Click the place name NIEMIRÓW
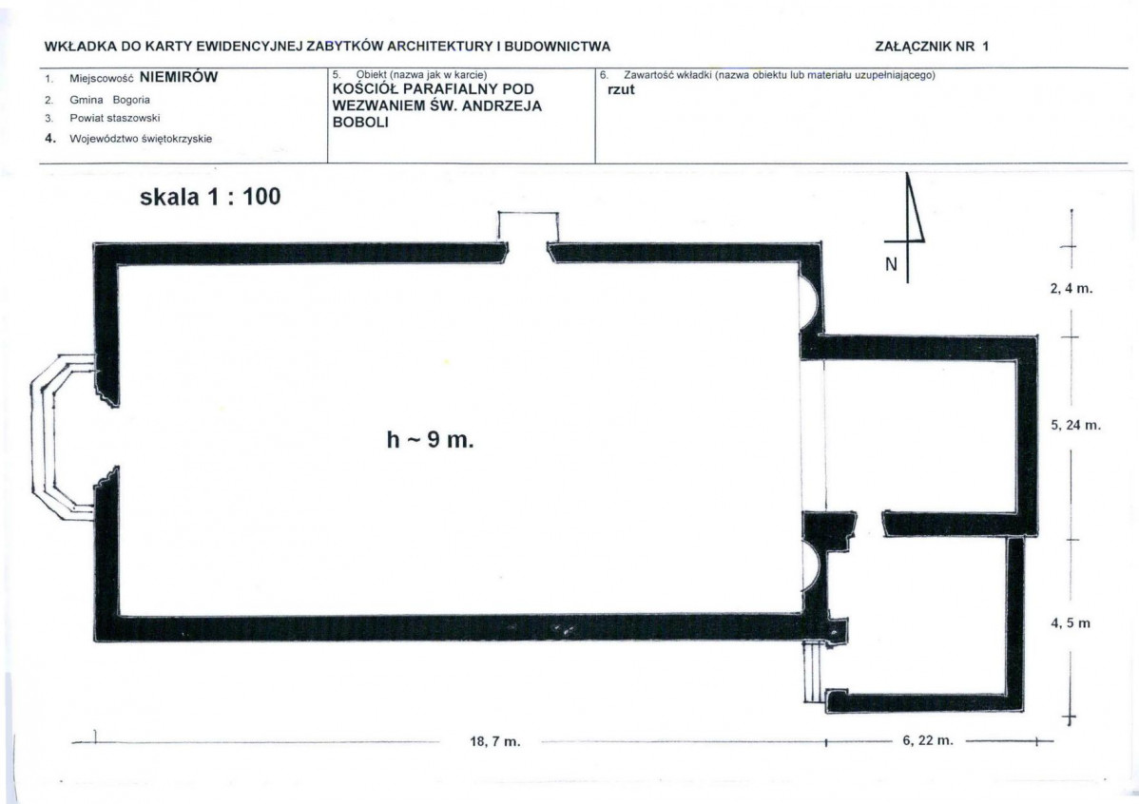pyautogui.click(x=179, y=79)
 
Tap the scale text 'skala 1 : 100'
pyautogui.click(x=210, y=198)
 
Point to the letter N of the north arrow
pyautogui.click(x=891, y=265)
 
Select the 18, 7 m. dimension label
pyautogui.click(x=495, y=742)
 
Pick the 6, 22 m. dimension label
pyautogui.click(x=926, y=740)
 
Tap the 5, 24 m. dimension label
pyautogui.click(x=1075, y=425)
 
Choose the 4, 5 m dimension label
pyautogui.click(x=1070, y=623)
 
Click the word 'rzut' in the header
pyautogui.click(x=620, y=91)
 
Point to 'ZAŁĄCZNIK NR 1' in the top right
pyautogui.click(x=932, y=45)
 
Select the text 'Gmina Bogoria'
pyautogui.click(x=109, y=100)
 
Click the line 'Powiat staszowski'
pyautogui.click(x=114, y=119)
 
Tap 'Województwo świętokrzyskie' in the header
pyautogui.click(x=141, y=139)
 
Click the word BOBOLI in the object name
pyautogui.click(x=357, y=123)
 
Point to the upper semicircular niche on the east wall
pyautogui.click(x=811, y=296)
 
